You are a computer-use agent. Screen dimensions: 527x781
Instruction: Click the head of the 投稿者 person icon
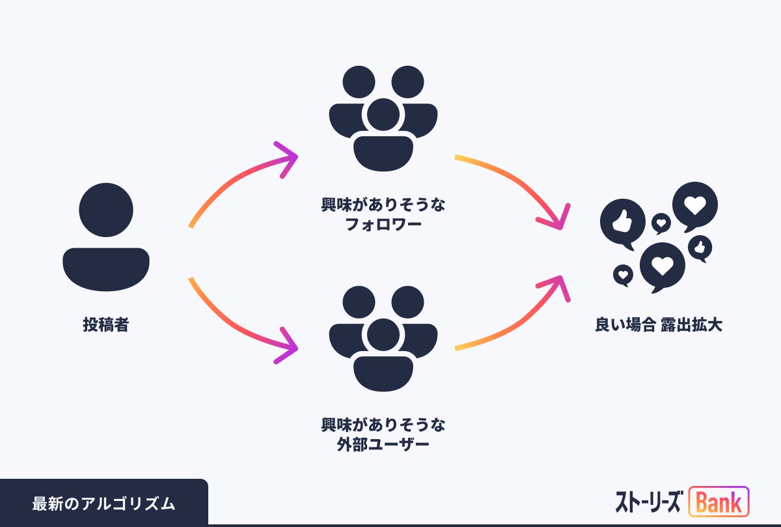tap(106, 210)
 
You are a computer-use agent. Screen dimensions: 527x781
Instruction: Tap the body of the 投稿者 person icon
tap(106, 268)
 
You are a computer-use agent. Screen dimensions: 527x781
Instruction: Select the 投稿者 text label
tap(106, 324)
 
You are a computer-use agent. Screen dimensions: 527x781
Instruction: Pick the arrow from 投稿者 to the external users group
tap(241, 326)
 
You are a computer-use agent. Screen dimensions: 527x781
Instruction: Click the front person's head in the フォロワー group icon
tap(383, 115)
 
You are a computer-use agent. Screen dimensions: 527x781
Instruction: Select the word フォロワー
tap(383, 225)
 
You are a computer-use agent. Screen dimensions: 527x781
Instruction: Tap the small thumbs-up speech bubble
tap(700, 248)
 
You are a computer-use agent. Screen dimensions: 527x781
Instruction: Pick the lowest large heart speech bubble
tap(662, 266)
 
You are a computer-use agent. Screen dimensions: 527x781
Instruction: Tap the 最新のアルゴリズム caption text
tap(103, 504)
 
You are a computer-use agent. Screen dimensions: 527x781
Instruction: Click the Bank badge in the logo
tap(719, 502)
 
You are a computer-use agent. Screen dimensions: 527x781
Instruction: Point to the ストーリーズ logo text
tap(648, 502)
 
